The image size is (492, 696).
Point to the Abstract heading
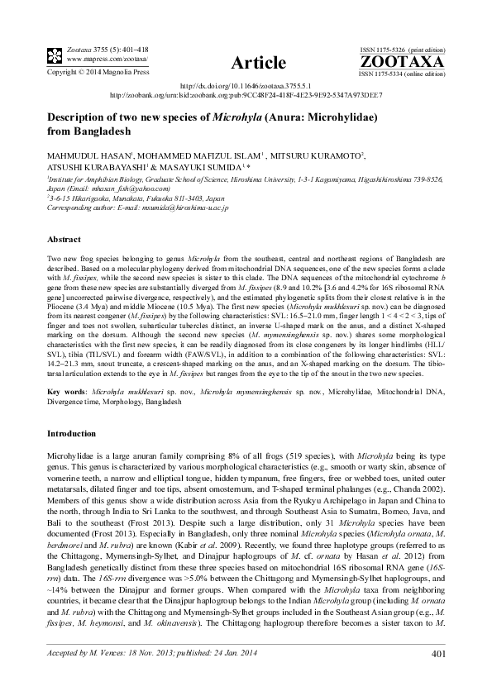tap(64, 238)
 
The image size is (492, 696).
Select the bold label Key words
tap(65, 389)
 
